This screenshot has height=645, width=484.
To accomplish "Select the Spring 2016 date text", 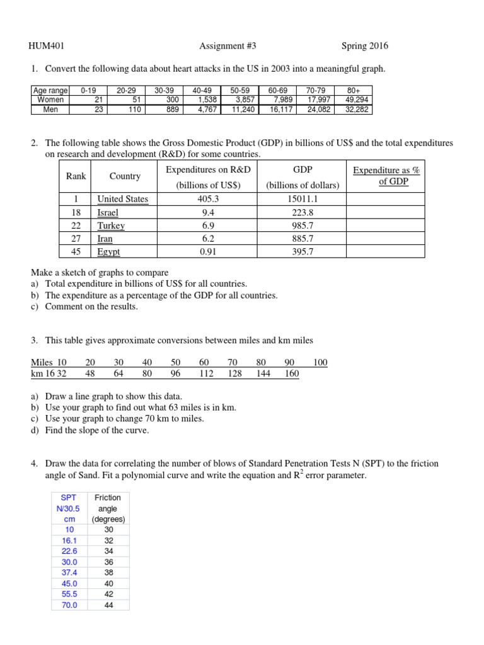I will (365, 46).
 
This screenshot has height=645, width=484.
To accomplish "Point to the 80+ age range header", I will (354, 91).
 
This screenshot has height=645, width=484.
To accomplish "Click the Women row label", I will (50, 100).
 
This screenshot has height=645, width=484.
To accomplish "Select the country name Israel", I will (108, 212).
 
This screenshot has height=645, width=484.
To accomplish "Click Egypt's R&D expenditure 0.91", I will (208, 252).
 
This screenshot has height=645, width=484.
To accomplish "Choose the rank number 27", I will (76, 239).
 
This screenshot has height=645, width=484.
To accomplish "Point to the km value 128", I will (234, 373).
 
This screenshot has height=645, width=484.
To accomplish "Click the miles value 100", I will (320, 362).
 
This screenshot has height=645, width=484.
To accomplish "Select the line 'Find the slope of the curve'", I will (98, 430).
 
